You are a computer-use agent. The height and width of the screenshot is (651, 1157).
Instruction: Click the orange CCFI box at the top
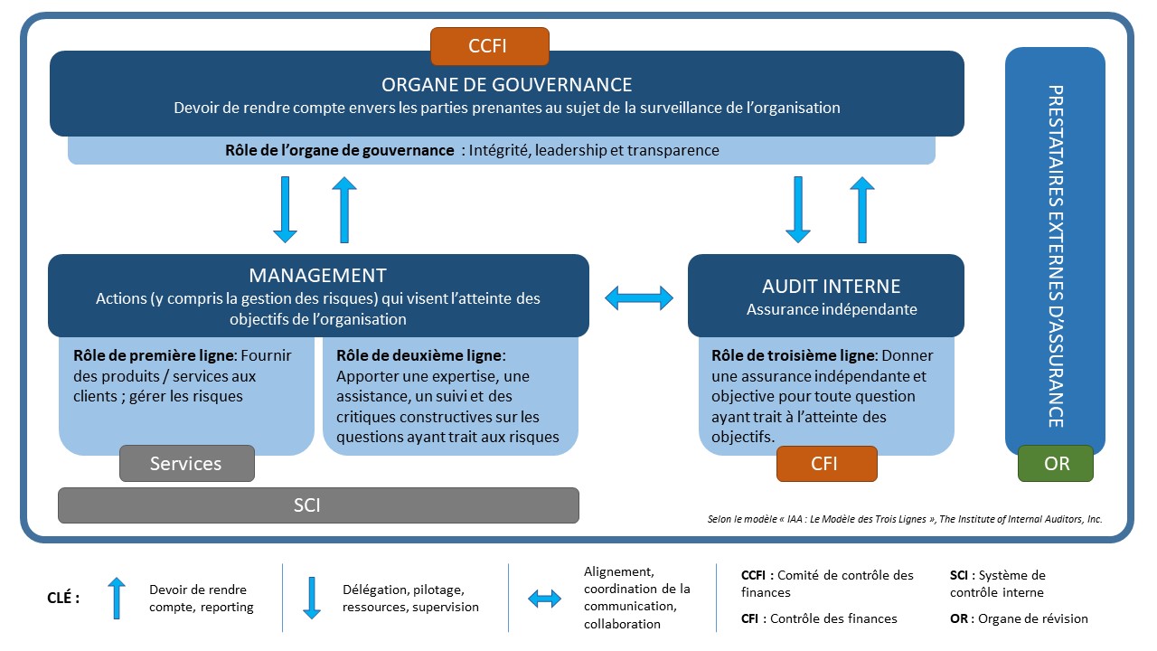(x=489, y=46)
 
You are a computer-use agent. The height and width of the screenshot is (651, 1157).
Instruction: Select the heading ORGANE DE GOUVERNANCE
(x=506, y=85)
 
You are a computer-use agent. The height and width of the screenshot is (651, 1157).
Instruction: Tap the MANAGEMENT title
(x=317, y=276)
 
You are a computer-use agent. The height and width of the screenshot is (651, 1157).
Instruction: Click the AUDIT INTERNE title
(x=831, y=287)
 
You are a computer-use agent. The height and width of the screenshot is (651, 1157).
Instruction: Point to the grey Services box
(x=186, y=464)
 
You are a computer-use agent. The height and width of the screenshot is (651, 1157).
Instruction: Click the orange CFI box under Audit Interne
(x=826, y=464)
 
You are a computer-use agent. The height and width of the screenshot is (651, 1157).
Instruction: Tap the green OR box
(x=1056, y=464)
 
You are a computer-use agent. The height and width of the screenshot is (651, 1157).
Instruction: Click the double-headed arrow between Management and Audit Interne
(x=639, y=297)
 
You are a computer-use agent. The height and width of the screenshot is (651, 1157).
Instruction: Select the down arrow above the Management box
(x=285, y=210)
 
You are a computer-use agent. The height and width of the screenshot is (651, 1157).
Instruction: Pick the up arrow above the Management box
(x=344, y=210)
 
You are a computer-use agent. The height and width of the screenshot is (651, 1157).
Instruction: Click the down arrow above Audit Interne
(x=797, y=210)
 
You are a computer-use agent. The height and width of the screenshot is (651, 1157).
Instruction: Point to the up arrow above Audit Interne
(x=862, y=210)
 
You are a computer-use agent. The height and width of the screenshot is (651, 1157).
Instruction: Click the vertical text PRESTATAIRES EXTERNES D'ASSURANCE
(x=1055, y=256)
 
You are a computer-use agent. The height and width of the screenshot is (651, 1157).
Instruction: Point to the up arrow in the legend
(x=117, y=599)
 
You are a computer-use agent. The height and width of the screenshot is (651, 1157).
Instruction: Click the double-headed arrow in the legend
(x=544, y=599)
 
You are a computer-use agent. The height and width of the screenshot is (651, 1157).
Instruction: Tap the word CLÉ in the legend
(x=62, y=598)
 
